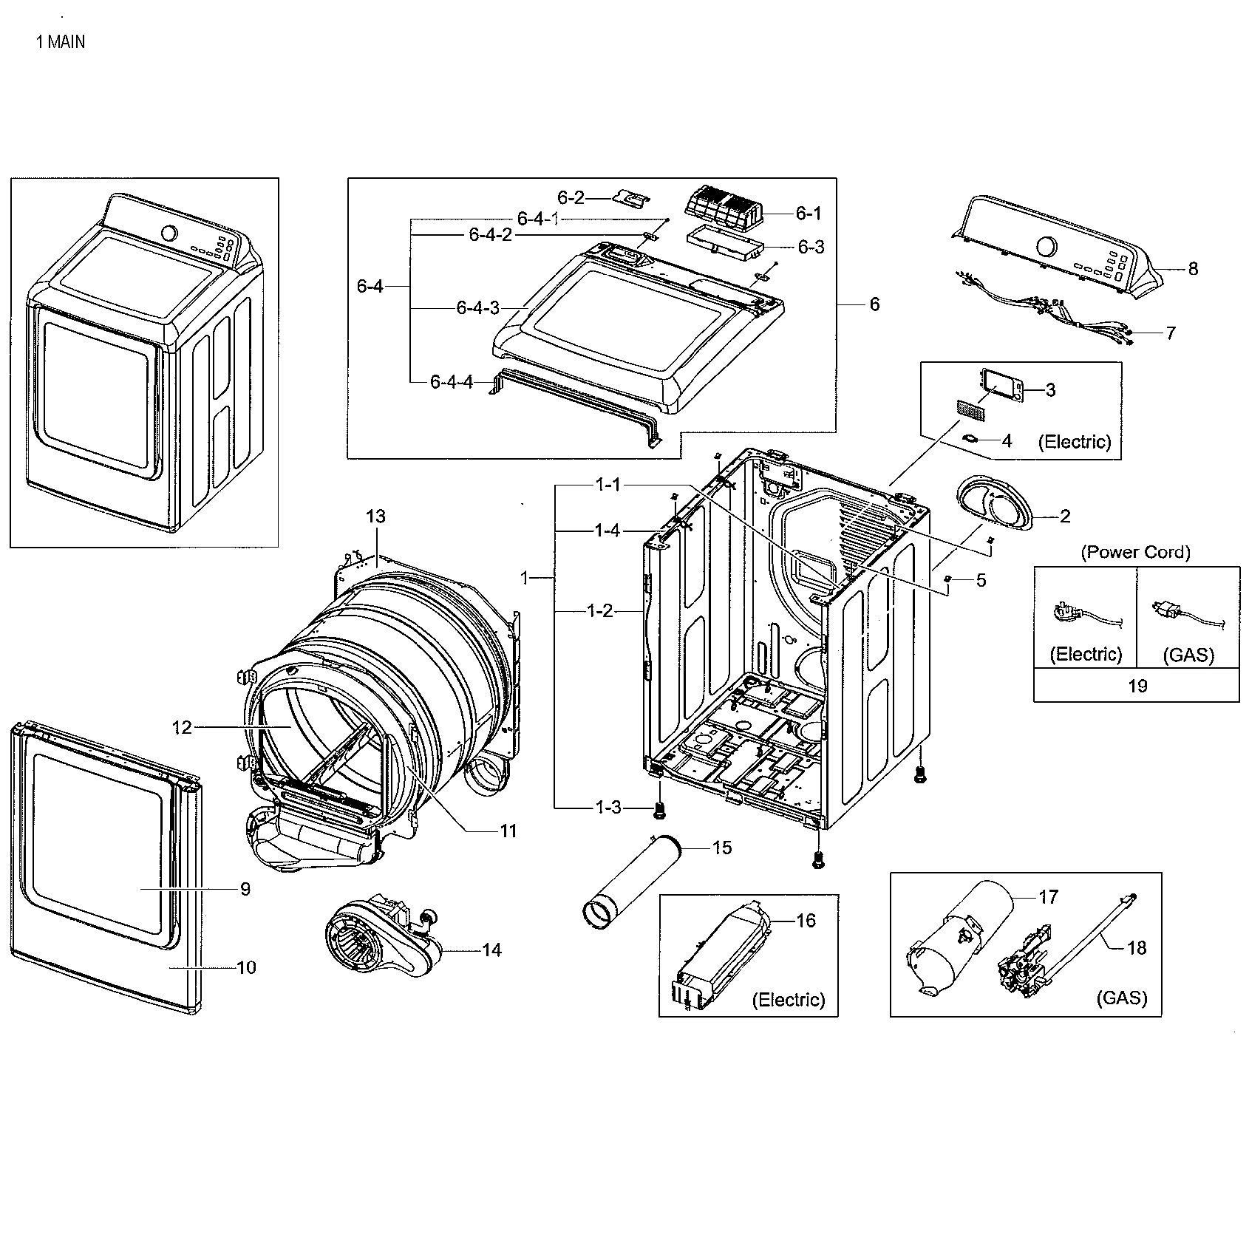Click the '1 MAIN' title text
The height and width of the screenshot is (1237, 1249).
[61, 42]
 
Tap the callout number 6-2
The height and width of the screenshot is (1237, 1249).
[571, 197]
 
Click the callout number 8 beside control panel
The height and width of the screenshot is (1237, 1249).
[1193, 269]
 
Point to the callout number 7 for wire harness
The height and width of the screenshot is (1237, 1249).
[1170, 333]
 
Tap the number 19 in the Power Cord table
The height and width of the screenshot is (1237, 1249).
[1137, 686]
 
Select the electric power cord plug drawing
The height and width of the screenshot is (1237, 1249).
[1068, 613]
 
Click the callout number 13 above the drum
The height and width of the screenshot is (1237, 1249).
[376, 517]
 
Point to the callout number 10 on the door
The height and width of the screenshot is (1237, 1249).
[246, 967]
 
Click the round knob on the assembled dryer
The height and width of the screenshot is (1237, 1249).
[169, 234]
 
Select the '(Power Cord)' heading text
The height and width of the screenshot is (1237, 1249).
[1135, 552]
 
